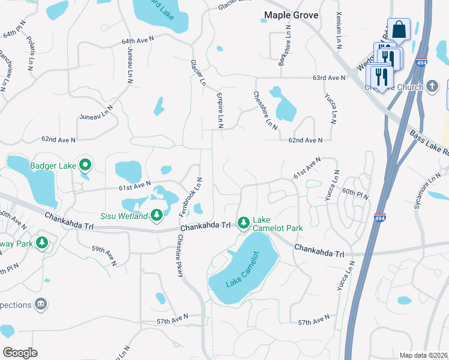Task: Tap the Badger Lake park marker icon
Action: coord(85,164)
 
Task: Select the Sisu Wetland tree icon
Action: coord(156,214)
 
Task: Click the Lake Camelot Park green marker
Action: coord(243,223)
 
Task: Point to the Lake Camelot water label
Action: coord(243,269)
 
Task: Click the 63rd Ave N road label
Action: coord(328,78)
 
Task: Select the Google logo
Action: coord(20,352)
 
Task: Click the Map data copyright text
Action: coord(424,355)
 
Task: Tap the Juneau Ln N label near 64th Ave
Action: coord(128,64)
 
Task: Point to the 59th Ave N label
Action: coord(104,255)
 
